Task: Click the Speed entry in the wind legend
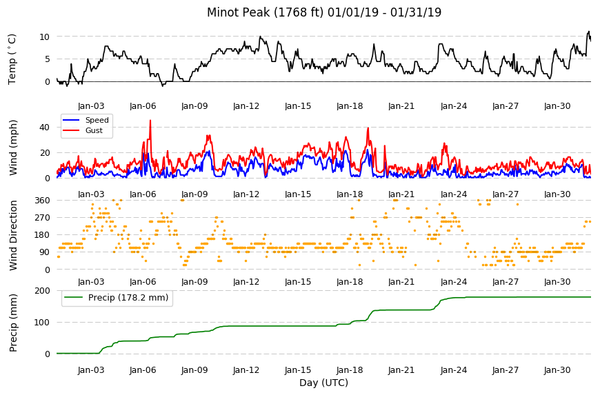(x=97, y=120)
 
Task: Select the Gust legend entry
(x=94, y=130)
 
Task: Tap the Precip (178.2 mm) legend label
(x=128, y=298)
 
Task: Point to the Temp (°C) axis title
(x=12, y=59)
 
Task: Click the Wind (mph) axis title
(x=13, y=148)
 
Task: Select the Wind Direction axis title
(x=13, y=236)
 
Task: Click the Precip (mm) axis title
(x=13, y=323)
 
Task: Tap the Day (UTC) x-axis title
(x=323, y=383)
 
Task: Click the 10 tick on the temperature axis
(x=44, y=37)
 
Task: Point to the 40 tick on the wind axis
(x=44, y=128)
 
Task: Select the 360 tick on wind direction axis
(x=42, y=201)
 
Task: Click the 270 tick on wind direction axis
(x=42, y=218)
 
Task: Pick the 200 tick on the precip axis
(x=42, y=291)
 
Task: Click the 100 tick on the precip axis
(x=42, y=323)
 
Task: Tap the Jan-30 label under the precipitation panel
(x=557, y=370)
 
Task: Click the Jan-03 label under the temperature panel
(x=91, y=106)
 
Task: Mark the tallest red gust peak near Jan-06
(x=150, y=121)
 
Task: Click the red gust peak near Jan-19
(x=368, y=128)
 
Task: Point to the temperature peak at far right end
(x=588, y=32)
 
